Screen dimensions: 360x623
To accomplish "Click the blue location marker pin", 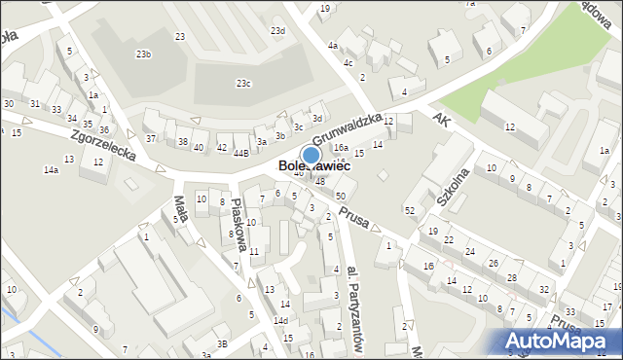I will click(x=311, y=154).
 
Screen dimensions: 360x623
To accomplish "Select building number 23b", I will click(x=144, y=54).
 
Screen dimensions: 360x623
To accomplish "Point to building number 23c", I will click(x=243, y=84).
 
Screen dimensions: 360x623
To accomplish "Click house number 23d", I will click(x=277, y=31).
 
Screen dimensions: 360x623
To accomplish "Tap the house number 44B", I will click(x=240, y=152).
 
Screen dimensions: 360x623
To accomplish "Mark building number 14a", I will click(x=51, y=170).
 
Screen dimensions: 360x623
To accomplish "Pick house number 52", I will click(x=410, y=210).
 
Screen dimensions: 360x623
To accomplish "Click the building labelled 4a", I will click(x=333, y=45).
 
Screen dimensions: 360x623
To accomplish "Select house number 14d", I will click(x=280, y=320).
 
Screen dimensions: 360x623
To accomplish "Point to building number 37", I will click(x=151, y=138).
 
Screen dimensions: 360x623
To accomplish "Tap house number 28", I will click(x=512, y=278).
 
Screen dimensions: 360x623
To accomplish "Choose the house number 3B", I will click(x=223, y=343).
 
